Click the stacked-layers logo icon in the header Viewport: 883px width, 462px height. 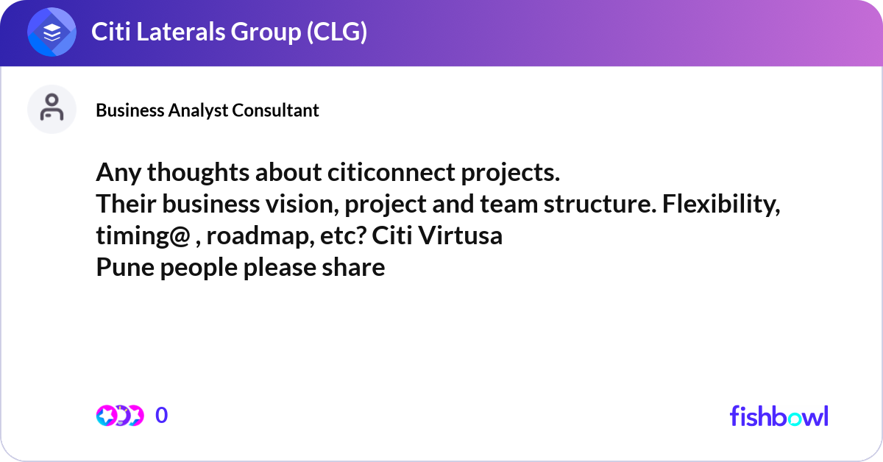(52, 32)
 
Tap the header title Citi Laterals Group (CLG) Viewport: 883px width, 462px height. (229, 32)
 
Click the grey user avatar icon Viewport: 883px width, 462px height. (52, 110)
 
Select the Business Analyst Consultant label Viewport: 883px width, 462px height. (208, 110)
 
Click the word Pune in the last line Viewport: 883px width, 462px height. (121, 267)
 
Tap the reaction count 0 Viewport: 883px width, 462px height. (162, 416)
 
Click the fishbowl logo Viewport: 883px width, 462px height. (779, 416)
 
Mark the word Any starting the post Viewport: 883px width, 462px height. (118, 174)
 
